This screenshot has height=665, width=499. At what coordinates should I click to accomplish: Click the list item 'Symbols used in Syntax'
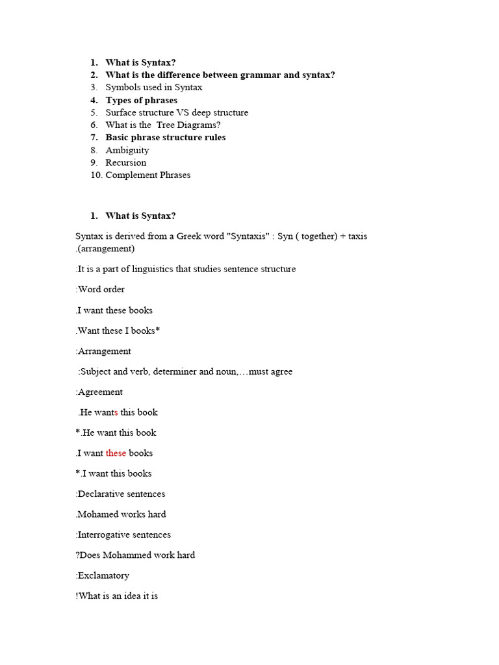click(153, 88)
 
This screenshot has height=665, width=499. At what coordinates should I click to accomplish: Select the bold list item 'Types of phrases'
click(141, 100)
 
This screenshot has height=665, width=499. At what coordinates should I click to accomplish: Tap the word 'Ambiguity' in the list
click(127, 150)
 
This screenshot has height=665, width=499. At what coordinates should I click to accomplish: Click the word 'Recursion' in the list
click(125, 162)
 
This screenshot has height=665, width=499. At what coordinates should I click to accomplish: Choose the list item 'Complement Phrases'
click(147, 175)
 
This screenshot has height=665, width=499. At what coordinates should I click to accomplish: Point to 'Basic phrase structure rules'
click(165, 138)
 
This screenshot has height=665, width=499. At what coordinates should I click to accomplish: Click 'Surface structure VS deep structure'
click(176, 112)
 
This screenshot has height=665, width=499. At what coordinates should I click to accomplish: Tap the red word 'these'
click(116, 453)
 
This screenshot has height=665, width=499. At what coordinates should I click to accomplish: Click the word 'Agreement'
click(100, 392)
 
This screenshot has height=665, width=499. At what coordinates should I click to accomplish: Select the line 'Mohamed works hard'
click(122, 514)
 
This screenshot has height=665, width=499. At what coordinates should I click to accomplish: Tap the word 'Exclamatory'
click(103, 576)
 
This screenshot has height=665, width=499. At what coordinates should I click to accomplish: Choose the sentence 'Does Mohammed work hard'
click(136, 555)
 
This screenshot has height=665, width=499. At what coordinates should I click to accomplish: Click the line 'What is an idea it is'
click(117, 596)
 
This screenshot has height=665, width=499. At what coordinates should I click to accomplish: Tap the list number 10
click(96, 175)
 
